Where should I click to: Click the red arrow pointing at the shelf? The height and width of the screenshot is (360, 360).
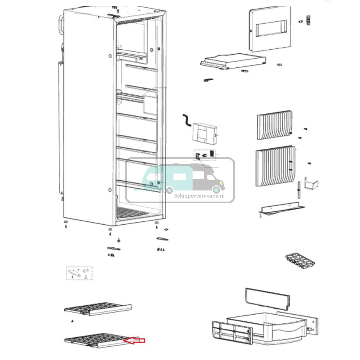pyautogui.click(x=134, y=341)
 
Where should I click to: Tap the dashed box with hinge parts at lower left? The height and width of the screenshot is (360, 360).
pyautogui.click(x=79, y=273)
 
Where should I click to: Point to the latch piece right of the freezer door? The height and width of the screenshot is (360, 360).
pyautogui.click(x=307, y=21)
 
